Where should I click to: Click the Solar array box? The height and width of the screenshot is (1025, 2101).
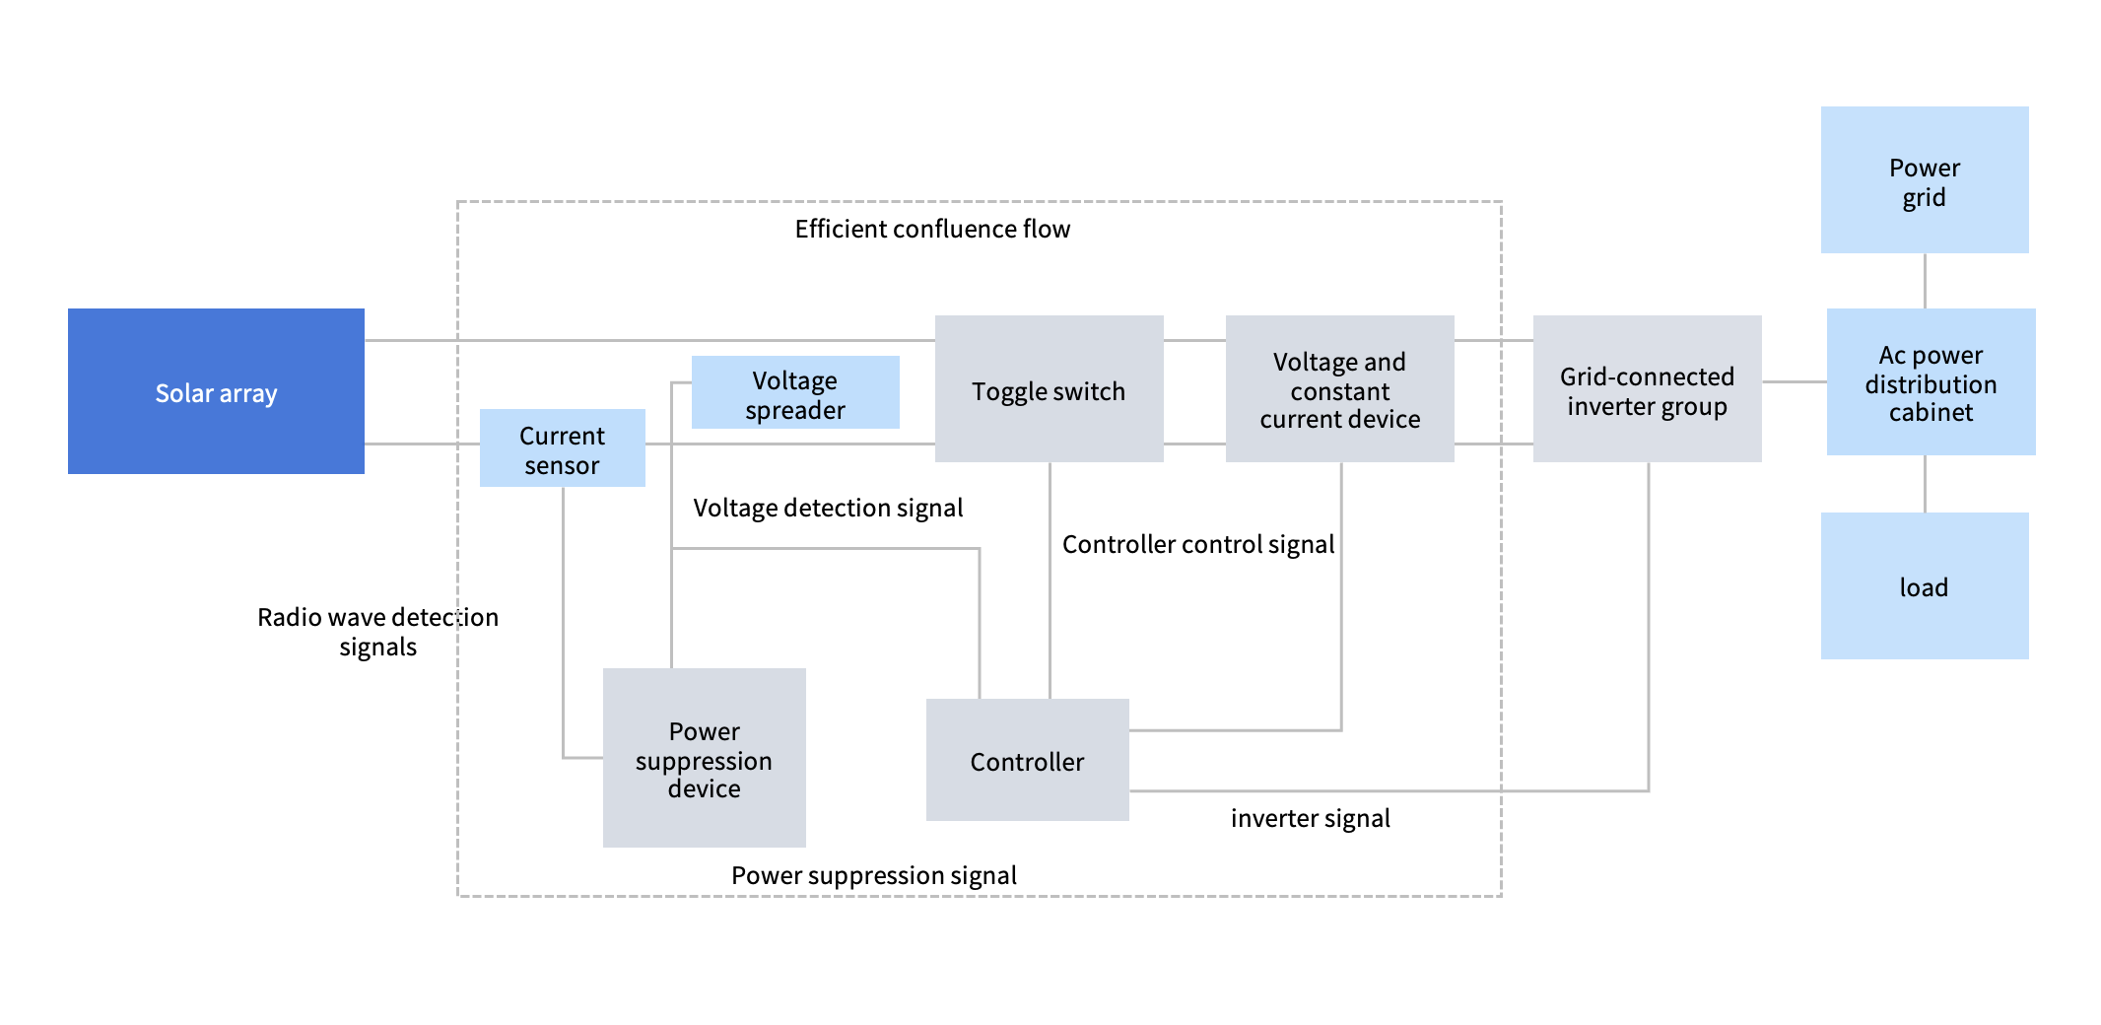tap(216, 391)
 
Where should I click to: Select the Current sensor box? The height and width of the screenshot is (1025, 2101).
tap(562, 448)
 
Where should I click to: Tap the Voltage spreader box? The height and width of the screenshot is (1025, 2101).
tap(795, 392)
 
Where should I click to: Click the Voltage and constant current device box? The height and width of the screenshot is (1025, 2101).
tap(1339, 389)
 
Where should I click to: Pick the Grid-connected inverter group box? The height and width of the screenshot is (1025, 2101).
tap(1647, 389)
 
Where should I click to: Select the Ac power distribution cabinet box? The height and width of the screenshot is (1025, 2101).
tap(1931, 382)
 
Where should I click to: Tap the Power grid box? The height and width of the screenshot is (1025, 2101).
tap(1924, 180)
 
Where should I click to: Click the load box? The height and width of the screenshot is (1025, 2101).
tap(1924, 586)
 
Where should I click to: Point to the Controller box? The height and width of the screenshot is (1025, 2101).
tap(1027, 760)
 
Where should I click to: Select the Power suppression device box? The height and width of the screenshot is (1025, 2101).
tap(704, 758)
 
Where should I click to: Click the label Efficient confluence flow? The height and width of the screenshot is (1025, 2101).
tap(932, 229)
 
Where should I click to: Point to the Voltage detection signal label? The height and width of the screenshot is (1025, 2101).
tap(828, 508)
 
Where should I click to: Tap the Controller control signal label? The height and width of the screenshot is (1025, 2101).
tap(1197, 544)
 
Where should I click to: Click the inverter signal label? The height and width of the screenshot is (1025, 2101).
tap(1310, 818)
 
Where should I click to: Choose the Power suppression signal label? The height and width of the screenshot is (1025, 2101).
tap(873, 875)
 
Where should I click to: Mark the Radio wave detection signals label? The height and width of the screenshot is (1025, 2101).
tap(377, 632)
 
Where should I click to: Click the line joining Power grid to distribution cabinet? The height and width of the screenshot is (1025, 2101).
tap(1925, 281)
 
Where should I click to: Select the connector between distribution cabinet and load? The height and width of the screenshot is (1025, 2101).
tap(1925, 484)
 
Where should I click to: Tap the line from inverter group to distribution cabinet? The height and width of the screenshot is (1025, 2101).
tap(1794, 381)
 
